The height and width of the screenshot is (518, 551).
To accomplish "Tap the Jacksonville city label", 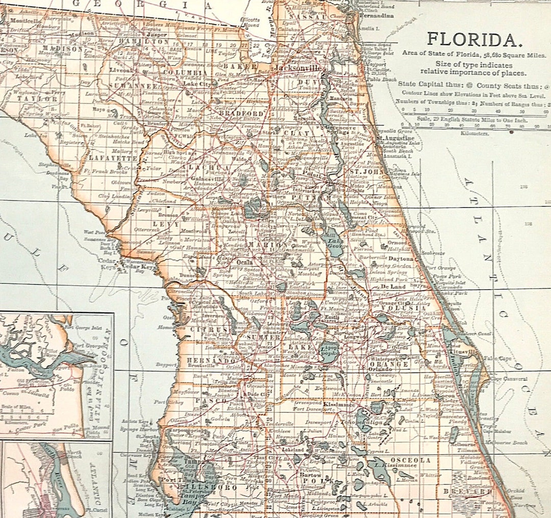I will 298,68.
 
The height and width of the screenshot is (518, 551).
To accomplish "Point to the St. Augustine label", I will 396,138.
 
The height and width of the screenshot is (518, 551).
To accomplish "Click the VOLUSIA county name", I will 410,308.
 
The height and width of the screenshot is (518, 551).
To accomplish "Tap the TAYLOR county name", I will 38,98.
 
